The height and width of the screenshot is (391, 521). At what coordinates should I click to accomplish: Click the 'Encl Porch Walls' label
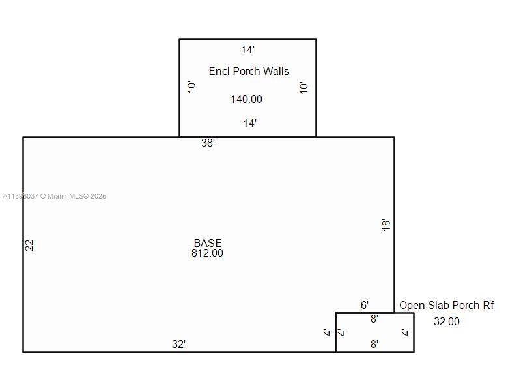tap(249, 71)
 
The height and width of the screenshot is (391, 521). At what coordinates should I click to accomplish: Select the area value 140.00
tap(247, 99)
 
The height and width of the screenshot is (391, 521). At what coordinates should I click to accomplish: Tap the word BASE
tap(207, 243)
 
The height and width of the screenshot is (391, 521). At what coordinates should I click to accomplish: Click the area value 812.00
tap(207, 253)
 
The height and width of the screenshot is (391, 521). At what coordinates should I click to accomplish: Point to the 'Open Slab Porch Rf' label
tap(446, 305)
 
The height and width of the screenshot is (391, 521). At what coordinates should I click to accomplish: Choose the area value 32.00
tap(446, 321)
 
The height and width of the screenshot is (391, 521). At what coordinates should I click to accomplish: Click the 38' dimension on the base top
tap(208, 143)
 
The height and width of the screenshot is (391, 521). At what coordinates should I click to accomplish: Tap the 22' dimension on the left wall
tap(29, 245)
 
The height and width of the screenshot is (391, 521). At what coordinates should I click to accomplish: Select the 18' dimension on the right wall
tap(386, 225)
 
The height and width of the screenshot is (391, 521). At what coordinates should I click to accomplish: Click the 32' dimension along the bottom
tap(178, 344)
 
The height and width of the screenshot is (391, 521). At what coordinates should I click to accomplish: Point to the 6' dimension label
tap(365, 305)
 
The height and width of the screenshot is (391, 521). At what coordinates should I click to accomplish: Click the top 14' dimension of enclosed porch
tap(247, 50)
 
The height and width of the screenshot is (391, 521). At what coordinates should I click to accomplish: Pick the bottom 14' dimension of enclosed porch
tap(249, 123)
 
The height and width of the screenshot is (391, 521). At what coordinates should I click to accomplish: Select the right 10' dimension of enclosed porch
tap(303, 87)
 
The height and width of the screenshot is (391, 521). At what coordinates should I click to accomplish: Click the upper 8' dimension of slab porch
tap(374, 319)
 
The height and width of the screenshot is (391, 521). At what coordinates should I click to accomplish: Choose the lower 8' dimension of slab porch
tap(374, 344)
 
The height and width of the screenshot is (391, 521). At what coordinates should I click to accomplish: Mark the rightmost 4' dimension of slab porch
tap(406, 333)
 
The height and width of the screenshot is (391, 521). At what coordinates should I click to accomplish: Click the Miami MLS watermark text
tap(55, 196)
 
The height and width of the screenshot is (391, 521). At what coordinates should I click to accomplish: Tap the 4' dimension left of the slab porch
tap(328, 333)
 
